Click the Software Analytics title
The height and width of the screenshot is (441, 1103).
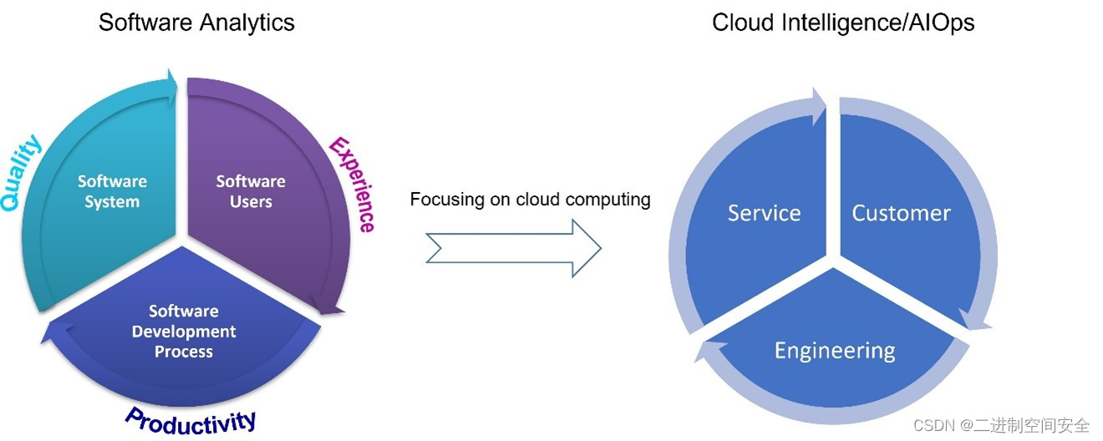point(196,23)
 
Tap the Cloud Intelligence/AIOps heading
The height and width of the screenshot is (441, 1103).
point(843,23)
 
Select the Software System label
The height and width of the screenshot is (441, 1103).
point(112,191)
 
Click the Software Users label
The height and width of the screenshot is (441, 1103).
point(251,191)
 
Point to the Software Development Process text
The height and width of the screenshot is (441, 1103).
point(184,332)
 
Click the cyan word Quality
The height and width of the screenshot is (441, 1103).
point(22,174)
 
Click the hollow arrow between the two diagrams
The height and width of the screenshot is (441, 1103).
point(513,248)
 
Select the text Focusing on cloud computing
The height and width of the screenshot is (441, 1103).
point(530,200)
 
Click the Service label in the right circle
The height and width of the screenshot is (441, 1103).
point(764,214)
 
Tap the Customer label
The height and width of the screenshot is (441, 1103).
point(901,214)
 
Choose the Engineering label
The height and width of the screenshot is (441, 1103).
point(834,350)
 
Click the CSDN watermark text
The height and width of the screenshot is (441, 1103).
point(1001,425)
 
